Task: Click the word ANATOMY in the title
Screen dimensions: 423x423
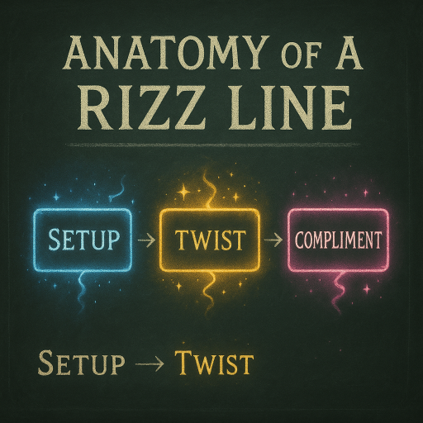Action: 168,53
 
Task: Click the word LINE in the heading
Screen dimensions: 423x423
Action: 290,108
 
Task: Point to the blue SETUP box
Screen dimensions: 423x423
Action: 82,240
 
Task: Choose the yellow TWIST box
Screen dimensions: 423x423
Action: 210,240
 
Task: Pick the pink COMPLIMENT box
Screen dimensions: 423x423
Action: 338,240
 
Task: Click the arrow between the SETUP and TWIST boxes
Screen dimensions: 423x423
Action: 146,240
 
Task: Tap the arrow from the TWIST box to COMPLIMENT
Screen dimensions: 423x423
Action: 273,240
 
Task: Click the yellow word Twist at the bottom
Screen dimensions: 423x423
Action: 214,361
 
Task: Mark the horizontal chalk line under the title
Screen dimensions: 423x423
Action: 212,144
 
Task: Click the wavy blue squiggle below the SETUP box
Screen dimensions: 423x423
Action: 82,291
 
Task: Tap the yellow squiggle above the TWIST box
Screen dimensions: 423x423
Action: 208,189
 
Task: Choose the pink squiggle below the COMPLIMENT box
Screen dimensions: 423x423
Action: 338,292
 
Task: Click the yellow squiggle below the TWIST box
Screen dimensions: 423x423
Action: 209,291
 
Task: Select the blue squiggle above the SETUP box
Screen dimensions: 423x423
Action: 118,190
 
